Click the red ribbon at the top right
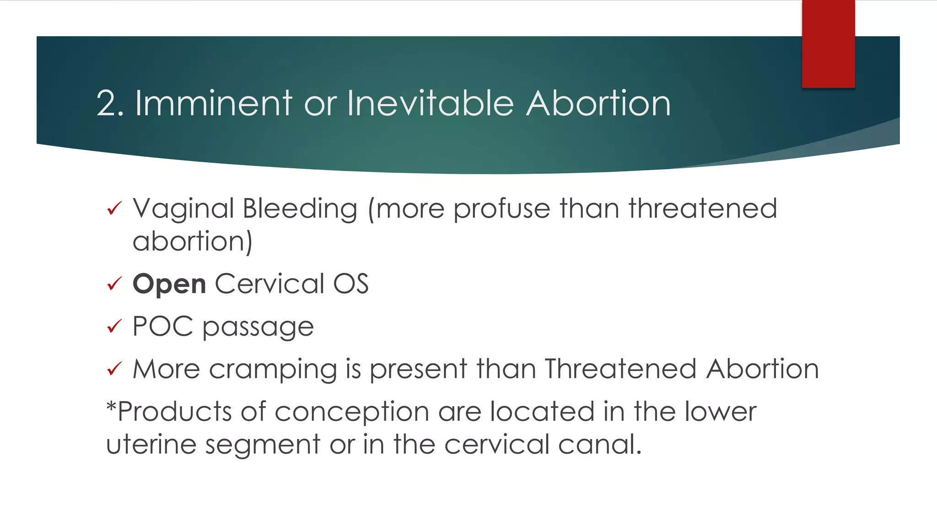[x=828, y=44]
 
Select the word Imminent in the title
[x=213, y=103]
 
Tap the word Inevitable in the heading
[x=430, y=103]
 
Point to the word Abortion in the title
[x=598, y=103]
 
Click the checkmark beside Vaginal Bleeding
[x=114, y=209]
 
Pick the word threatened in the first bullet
[x=703, y=209]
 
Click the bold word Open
[x=169, y=285]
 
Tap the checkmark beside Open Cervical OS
[x=114, y=284]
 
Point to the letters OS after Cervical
[x=350, y=284]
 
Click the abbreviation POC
[x=162, y=326]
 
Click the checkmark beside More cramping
[x=114, y=368]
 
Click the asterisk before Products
[x=111, y=405]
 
